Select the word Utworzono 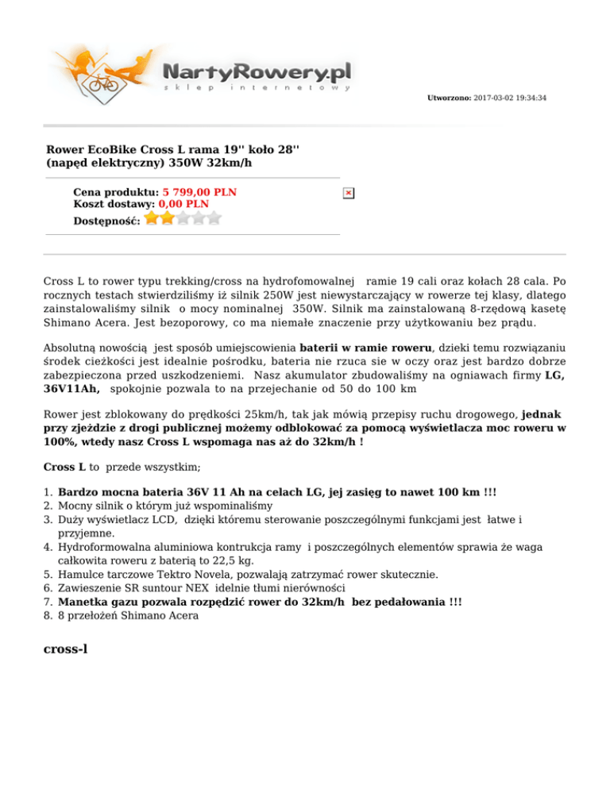449,98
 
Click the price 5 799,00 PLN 199,192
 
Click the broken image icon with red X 348,193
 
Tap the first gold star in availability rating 152,217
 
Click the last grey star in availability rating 214,217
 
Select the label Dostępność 106,220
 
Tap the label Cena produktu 116,192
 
